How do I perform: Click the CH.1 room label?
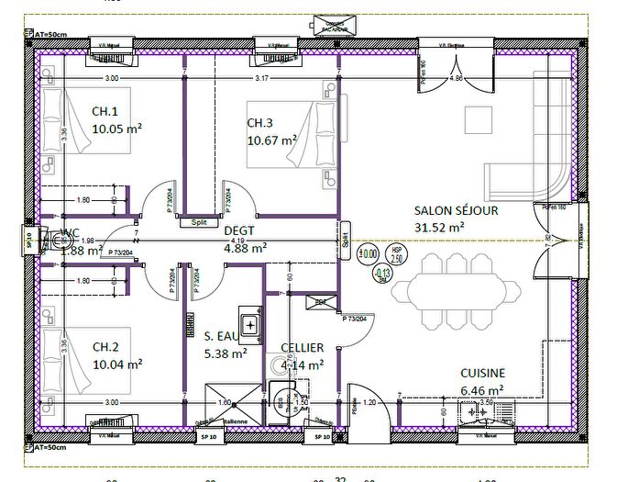pos(105,111)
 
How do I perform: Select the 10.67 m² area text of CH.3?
pos(272,140)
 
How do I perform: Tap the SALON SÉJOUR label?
pos(456,210)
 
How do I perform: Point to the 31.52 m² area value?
pos(439,226)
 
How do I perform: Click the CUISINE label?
pos(482,373)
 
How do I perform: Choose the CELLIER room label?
pos(303,348)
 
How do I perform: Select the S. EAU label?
pos(222,336)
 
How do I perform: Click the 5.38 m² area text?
pos(226,353)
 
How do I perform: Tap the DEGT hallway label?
pos(238,231)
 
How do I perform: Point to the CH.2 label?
pos(105,347)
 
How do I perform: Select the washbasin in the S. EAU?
pos(249,323)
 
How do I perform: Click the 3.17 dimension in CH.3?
pos(262,78)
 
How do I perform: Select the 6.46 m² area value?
pos(479,388)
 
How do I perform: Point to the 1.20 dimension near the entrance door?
pos(369,402)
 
